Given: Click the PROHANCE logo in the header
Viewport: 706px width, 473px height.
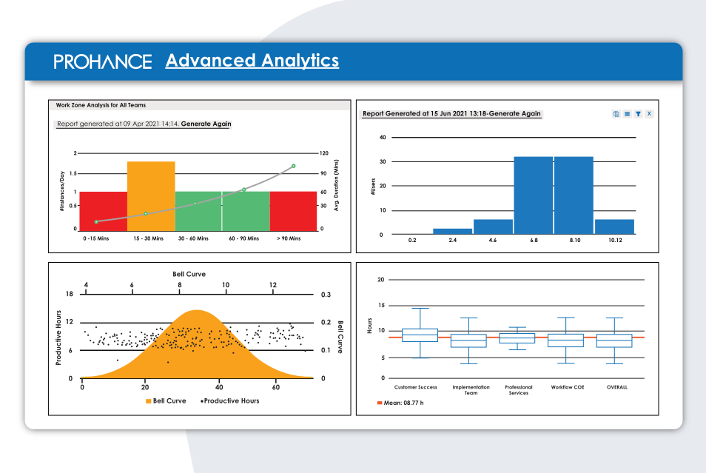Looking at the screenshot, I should pyautogui.click(x=103, y=61).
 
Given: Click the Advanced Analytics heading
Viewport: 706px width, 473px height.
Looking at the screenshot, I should pyautogui.click(x=252, y=61).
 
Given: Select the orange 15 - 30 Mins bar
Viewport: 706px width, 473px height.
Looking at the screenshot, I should pyautogui.click(x=151, y=195).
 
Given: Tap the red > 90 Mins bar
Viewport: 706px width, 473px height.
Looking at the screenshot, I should pyautogui.click(x=293, y=210).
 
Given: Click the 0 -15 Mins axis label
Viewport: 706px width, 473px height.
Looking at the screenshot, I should pyautogui.click(x=97, y=239).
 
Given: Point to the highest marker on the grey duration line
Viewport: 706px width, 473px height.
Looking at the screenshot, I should pyautogui.click(x=293, y=166).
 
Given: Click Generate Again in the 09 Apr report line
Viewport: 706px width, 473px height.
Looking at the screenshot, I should pyautogui.click(x=206, y=124).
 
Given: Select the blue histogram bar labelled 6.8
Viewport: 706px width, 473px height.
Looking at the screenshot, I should pyautogui.click(x=533, y=195).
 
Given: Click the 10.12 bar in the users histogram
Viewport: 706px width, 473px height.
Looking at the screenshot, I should pyautogui.click(x=614, y=227).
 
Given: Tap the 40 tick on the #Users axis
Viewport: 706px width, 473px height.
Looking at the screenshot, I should pyautogui.click(x=383, y=138).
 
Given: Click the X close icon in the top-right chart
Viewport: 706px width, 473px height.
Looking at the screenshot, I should pyautogui.click(x=649, y=114).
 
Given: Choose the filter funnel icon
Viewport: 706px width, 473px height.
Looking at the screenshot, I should pyautogui.click(x=638, y=114).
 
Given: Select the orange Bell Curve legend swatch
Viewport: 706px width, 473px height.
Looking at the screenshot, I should pyautogui.click(x=149, y=400).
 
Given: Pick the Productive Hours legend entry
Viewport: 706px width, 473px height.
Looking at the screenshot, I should pyautogui.click(x=230, y=400).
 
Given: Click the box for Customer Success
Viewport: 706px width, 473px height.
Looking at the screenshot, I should pyautogui.click(x=419, y=335).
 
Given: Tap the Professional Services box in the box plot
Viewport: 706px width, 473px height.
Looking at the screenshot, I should pyautogui.click(x=517, y=338).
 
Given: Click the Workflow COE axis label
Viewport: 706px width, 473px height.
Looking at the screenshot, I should pyautogui.click(x=568, y=387).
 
